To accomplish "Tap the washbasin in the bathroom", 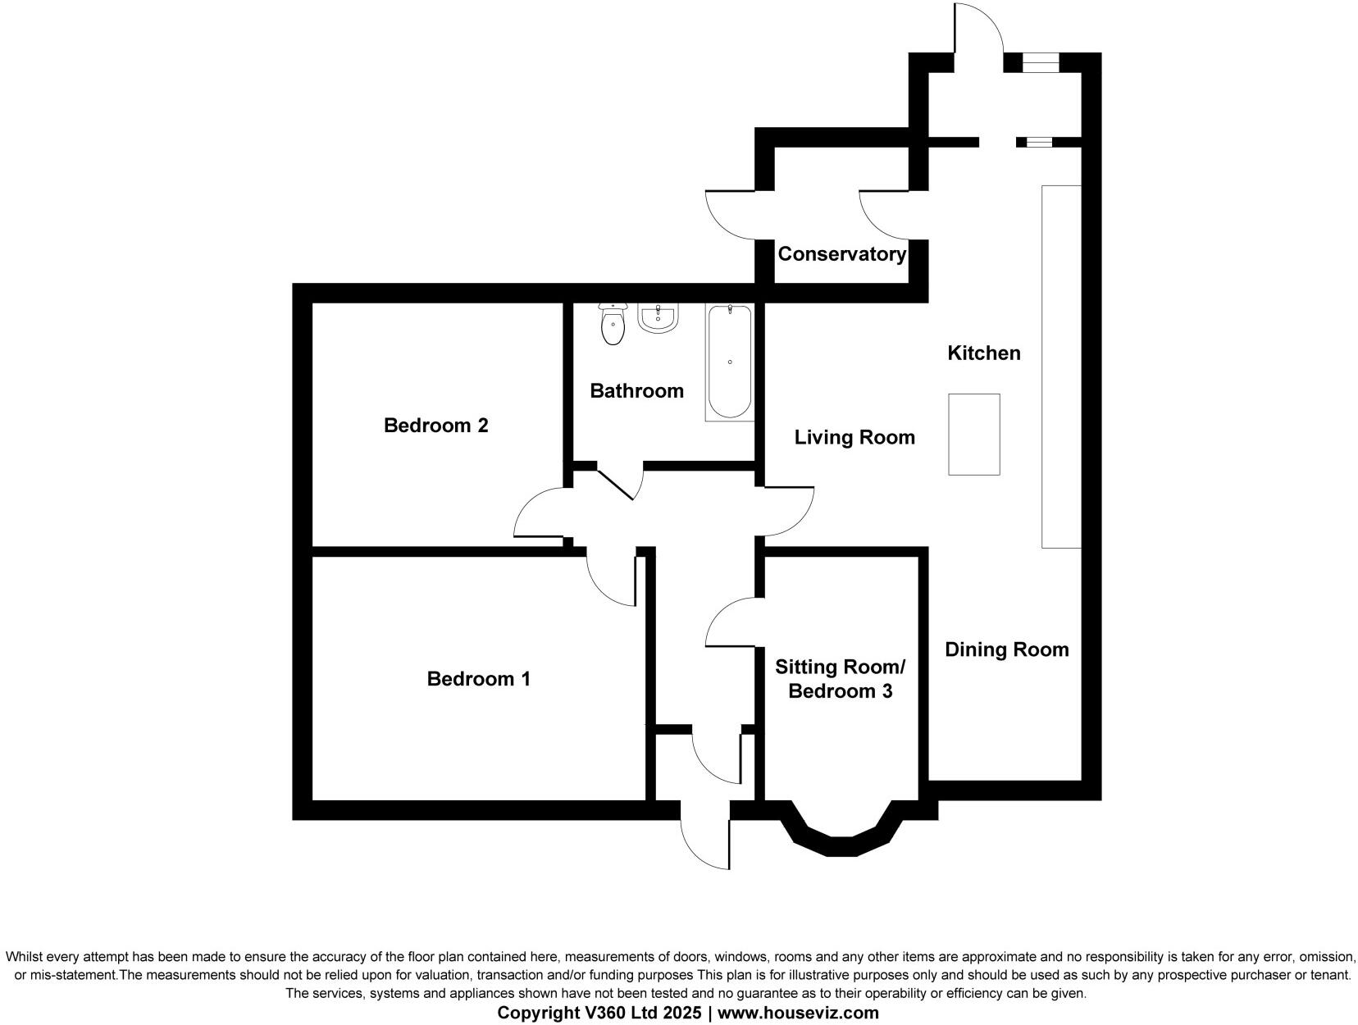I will (x=658, y=319).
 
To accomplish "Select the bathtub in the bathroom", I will (x=729, y=362).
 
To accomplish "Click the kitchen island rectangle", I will (x=973, y=434).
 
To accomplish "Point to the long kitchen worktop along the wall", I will (x=1060, y=366).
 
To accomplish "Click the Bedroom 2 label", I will (x=435, y=426).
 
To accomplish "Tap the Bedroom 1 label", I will (x=478, y=679).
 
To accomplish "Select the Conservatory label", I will (x=841, y=254).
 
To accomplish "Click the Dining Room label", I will (x=1006, y=649).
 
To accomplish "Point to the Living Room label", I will (x=854, y=438).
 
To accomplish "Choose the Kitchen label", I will (x=983, y=353).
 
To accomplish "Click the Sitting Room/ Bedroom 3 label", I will (x=840, y=679).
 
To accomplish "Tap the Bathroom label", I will (x=636, y=391).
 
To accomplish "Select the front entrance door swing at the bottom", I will (x=704, y=840).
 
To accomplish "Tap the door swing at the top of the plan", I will (x=978, y=29).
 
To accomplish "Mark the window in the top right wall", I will (x=1041, y=62).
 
